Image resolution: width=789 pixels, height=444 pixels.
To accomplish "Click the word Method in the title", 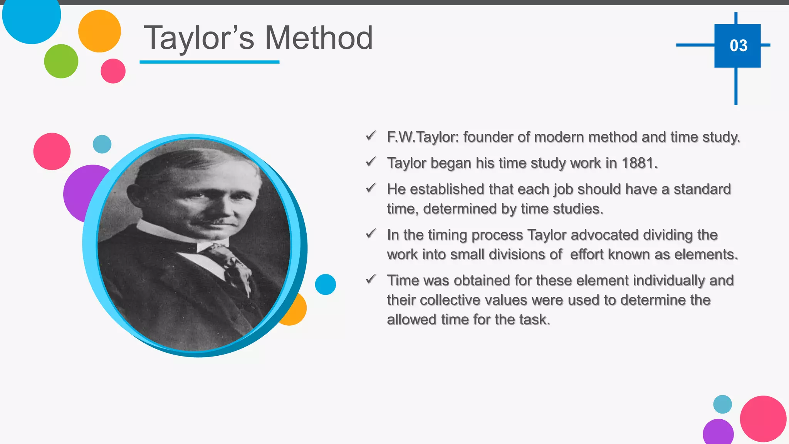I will (x=319, y=38).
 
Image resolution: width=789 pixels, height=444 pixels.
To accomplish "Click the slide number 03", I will (x=738, y=46).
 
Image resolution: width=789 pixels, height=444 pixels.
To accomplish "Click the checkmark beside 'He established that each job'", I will (x=371, y=188).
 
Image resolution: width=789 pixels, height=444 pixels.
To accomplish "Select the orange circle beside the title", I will (x=99, y=31).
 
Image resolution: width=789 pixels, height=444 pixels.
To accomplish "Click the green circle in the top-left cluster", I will (x=61, y=61).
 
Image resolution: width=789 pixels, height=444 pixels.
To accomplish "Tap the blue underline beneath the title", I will (x=209, y=62).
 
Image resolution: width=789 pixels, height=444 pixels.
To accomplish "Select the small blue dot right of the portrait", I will (x=325, y=284).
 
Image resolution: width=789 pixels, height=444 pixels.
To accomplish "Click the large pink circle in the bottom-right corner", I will (x=762, y=419).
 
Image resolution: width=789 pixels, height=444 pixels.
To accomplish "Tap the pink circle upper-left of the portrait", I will (x=52, y=151).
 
